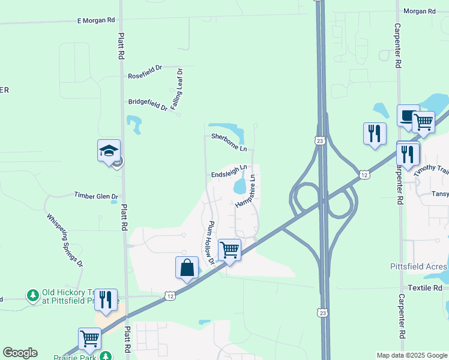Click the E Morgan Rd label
click(x=96, y=20)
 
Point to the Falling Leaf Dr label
click(x=176, y=89)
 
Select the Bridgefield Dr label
click(x=148, y=104)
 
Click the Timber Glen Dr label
click(x=96, y=196)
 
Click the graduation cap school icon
click(x=109, y=150)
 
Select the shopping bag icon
click(x=187, y=267)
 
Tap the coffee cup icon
click(x=408, y=115)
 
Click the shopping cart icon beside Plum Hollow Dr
click(x=229, y=249)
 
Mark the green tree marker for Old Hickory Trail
click(x=32, y=295)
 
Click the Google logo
click(x=20, y=353)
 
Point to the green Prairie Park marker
click(x=106, y=356)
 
